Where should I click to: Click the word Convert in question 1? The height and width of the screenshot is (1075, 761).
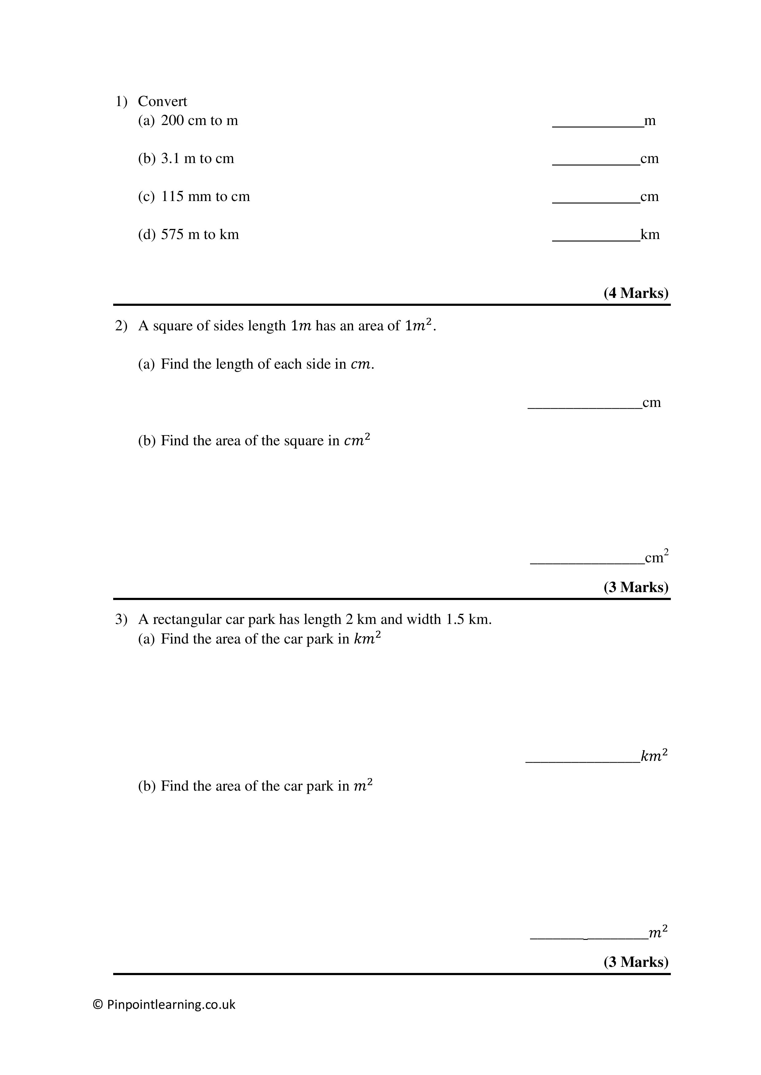click(162, 102)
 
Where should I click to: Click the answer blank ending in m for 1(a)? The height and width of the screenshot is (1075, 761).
click(598, 123)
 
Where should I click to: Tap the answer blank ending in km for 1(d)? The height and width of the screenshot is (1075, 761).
click(596, 237)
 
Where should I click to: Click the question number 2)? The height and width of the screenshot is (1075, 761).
click(121, 326)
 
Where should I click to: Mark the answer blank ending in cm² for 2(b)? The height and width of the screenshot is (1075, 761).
click(587, 560)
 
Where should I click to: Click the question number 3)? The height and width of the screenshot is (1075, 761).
click(121, 619)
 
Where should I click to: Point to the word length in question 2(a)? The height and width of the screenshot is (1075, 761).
click(233, 364)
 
